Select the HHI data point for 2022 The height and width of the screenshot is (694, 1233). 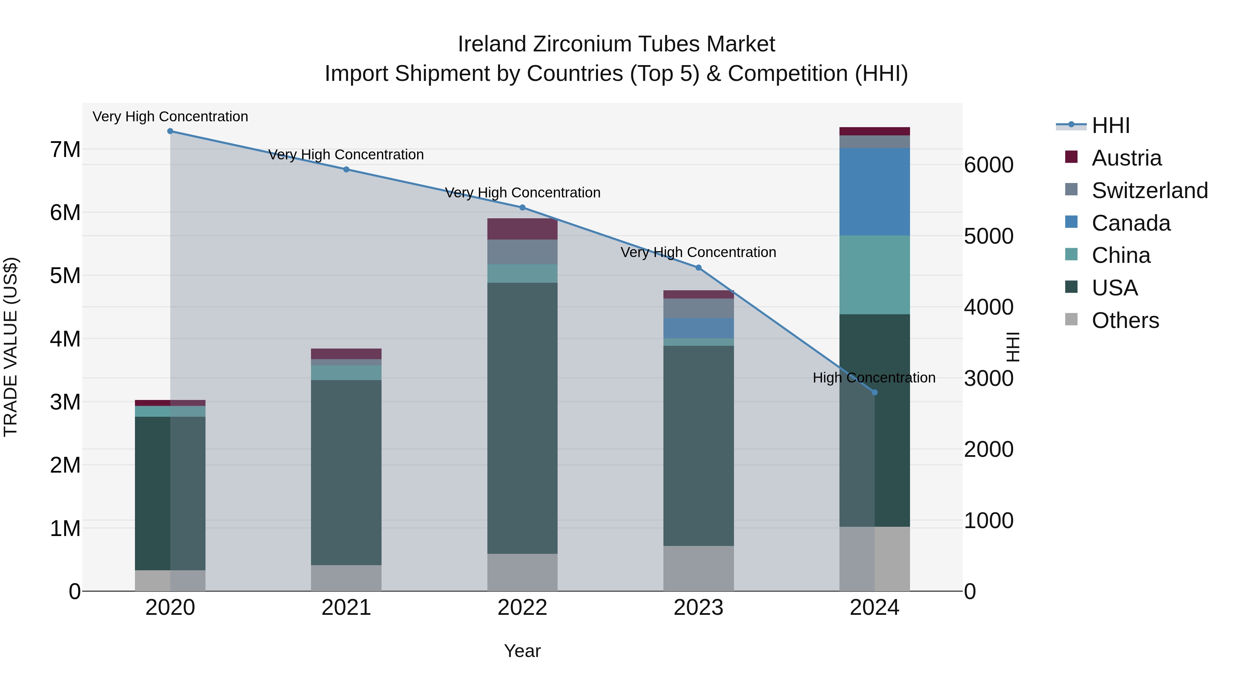click(522, 207)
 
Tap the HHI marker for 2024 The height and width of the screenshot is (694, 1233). click(874, 392)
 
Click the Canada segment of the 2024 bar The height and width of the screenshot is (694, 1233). click(874, 192)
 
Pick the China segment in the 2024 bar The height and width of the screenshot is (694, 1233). click(874, 275)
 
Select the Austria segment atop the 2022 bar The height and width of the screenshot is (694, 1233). click(522, 229)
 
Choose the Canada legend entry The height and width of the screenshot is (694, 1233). click(1131, 223)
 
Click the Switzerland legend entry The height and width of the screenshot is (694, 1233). click(1149, 191)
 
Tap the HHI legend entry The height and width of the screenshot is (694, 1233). click(1110, 125)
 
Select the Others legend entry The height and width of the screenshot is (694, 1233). click(1125, 320)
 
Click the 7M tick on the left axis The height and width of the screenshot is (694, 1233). click(65, 150)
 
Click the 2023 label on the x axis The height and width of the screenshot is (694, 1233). click(698, 608)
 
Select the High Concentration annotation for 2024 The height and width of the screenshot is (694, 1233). click(873, 378)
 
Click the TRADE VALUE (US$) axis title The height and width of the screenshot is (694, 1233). click(11, 347)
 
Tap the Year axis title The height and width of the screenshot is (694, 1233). click(522, 651)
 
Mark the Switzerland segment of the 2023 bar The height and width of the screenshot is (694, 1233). click(698, 308)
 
